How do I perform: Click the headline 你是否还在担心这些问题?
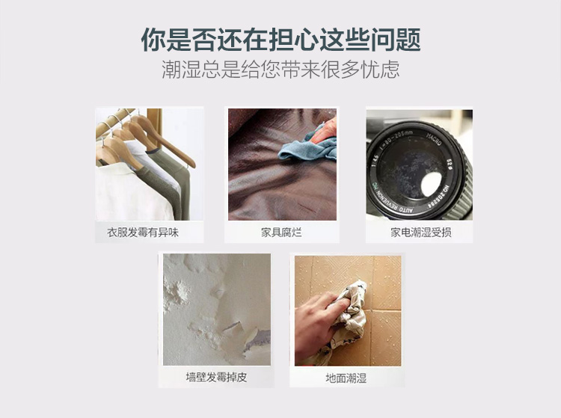pyautogui.click(x=280, y=39)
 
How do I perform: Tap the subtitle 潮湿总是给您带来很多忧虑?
pyautogui.click(x=280, y=69)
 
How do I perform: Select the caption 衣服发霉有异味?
pyautogui.click(x=143, y=233)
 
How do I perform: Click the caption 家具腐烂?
pyautogui.click(x=281, y=233)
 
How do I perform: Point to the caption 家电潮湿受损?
pyautogui.click(x=420, y=233)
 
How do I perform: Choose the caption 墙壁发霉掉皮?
pyautogui.click(x=216, y=377)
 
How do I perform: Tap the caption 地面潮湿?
pyautogui.click(x=346, y=378)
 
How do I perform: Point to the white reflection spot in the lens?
pyautogui.click(x=432, y=183)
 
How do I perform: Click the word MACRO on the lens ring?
pyautogui.click(x=434, y=139)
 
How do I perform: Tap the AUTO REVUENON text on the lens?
pyautogui.click(x=393, y=203)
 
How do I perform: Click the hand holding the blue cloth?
pyautogui.click(x=324, y=132)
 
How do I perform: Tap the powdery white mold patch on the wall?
pyautogui.click(x=176, y=292)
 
